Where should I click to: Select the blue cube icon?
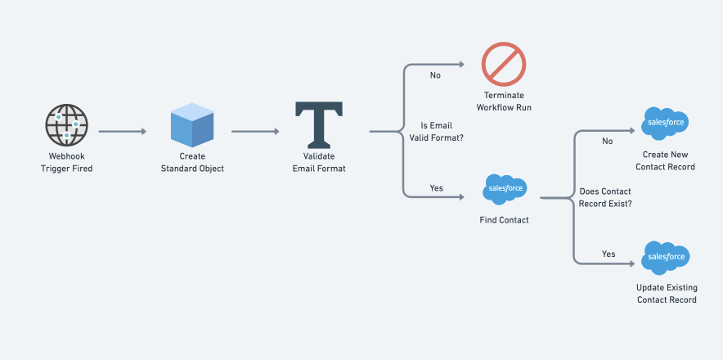pos(192,125)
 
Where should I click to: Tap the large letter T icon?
pos(320,125)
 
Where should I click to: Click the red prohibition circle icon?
pos(503,64)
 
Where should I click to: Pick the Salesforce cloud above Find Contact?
pos(505,189)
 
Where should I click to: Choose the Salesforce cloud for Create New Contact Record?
pos(665,122)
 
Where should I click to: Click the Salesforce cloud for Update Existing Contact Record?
pos(666,256)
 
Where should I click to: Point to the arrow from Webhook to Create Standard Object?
pos(123,131)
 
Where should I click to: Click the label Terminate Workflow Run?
pos(503,101)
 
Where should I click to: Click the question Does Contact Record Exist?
pos(604,197)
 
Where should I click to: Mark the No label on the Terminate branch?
pos(435,75)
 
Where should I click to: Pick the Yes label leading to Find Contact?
pos(436,188)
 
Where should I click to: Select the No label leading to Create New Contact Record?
pos(608,141)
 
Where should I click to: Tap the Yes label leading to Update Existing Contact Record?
pos(608,254)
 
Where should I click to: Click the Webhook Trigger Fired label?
pos(66,162)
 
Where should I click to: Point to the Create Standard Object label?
pos(192,162)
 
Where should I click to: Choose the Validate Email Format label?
pos(320,162)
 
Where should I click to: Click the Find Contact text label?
pos(504,220)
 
